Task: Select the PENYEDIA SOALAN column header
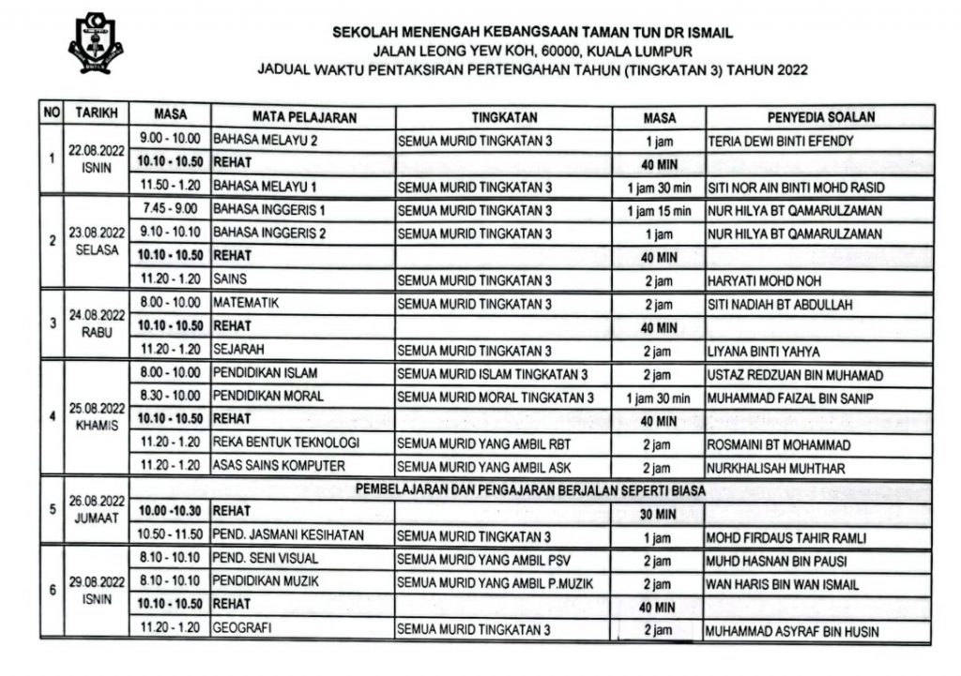[x=819, y=117]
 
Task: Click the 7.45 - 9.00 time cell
[x=170, y=209]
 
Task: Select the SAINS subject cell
[x=231, y=279]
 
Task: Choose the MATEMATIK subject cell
[x=248, y=304]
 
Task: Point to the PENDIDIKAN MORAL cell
[x=268, y=397]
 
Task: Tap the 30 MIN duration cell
[x=659, y=513]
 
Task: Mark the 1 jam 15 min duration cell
[x=659, y=211]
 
